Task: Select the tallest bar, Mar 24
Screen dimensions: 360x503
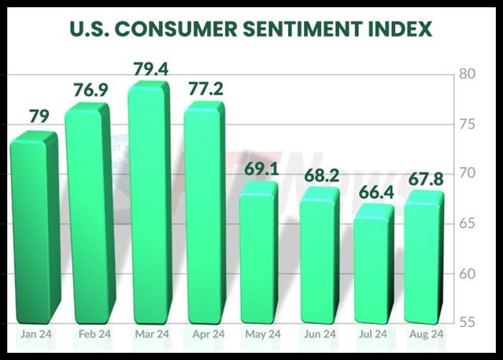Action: coord(148,205)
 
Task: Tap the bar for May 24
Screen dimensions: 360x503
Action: coord(257,252)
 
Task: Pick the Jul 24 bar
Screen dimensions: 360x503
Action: coord(373,264)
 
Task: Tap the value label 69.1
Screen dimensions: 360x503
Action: coord(260,168)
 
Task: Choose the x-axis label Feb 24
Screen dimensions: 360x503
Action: coord(94,335)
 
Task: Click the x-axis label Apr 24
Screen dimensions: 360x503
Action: coord(209,335)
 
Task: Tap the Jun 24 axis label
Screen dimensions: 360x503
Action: coord(321,335)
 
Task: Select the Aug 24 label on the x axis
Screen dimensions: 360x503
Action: coord(426,335)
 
